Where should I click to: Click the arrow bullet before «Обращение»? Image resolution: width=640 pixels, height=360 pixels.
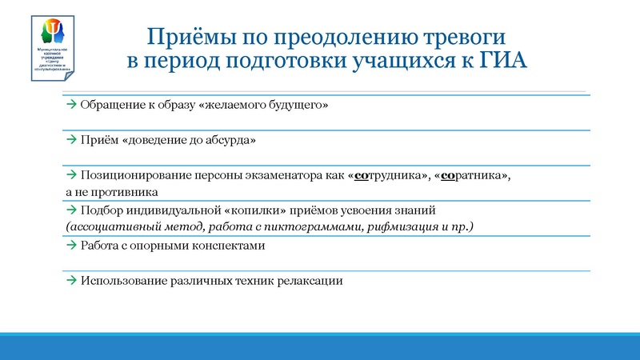71,105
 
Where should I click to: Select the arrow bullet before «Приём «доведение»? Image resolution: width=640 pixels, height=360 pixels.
71,140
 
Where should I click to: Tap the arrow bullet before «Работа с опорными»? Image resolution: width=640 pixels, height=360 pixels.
71,246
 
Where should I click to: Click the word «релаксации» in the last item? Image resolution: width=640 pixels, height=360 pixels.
312,281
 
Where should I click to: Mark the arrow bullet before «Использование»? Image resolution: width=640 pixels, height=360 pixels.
71,281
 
